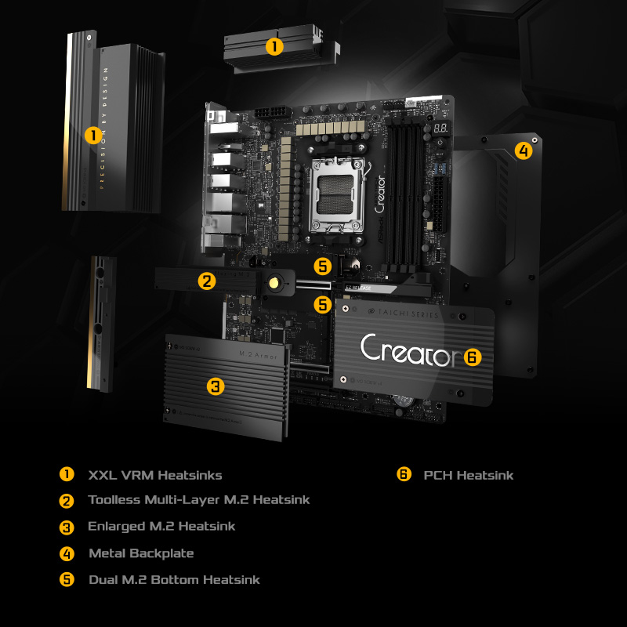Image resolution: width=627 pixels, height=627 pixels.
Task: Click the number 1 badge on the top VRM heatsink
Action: [274, 46]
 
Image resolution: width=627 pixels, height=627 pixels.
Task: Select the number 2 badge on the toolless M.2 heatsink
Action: [206, 281]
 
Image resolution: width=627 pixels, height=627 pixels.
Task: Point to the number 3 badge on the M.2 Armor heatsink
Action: [216, 386]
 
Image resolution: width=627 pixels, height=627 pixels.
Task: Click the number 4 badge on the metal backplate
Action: [523, 150]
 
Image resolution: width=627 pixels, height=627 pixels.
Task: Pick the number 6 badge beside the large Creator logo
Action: [471, 357]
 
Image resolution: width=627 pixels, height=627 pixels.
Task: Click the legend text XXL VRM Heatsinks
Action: [155, 475]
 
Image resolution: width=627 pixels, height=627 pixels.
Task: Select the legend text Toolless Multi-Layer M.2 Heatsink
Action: [199, 500]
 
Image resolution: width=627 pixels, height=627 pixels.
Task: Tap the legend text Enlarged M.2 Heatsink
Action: [161, 527]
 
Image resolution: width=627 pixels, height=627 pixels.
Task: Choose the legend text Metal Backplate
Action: [141, 553]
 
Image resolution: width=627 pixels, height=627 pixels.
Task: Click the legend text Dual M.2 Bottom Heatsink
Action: [174, 580]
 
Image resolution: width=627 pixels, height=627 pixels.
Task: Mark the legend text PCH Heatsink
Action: [469, 475]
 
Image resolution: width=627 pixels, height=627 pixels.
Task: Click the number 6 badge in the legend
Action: [404, 474]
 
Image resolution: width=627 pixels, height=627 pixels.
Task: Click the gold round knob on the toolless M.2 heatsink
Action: [274, 282]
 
